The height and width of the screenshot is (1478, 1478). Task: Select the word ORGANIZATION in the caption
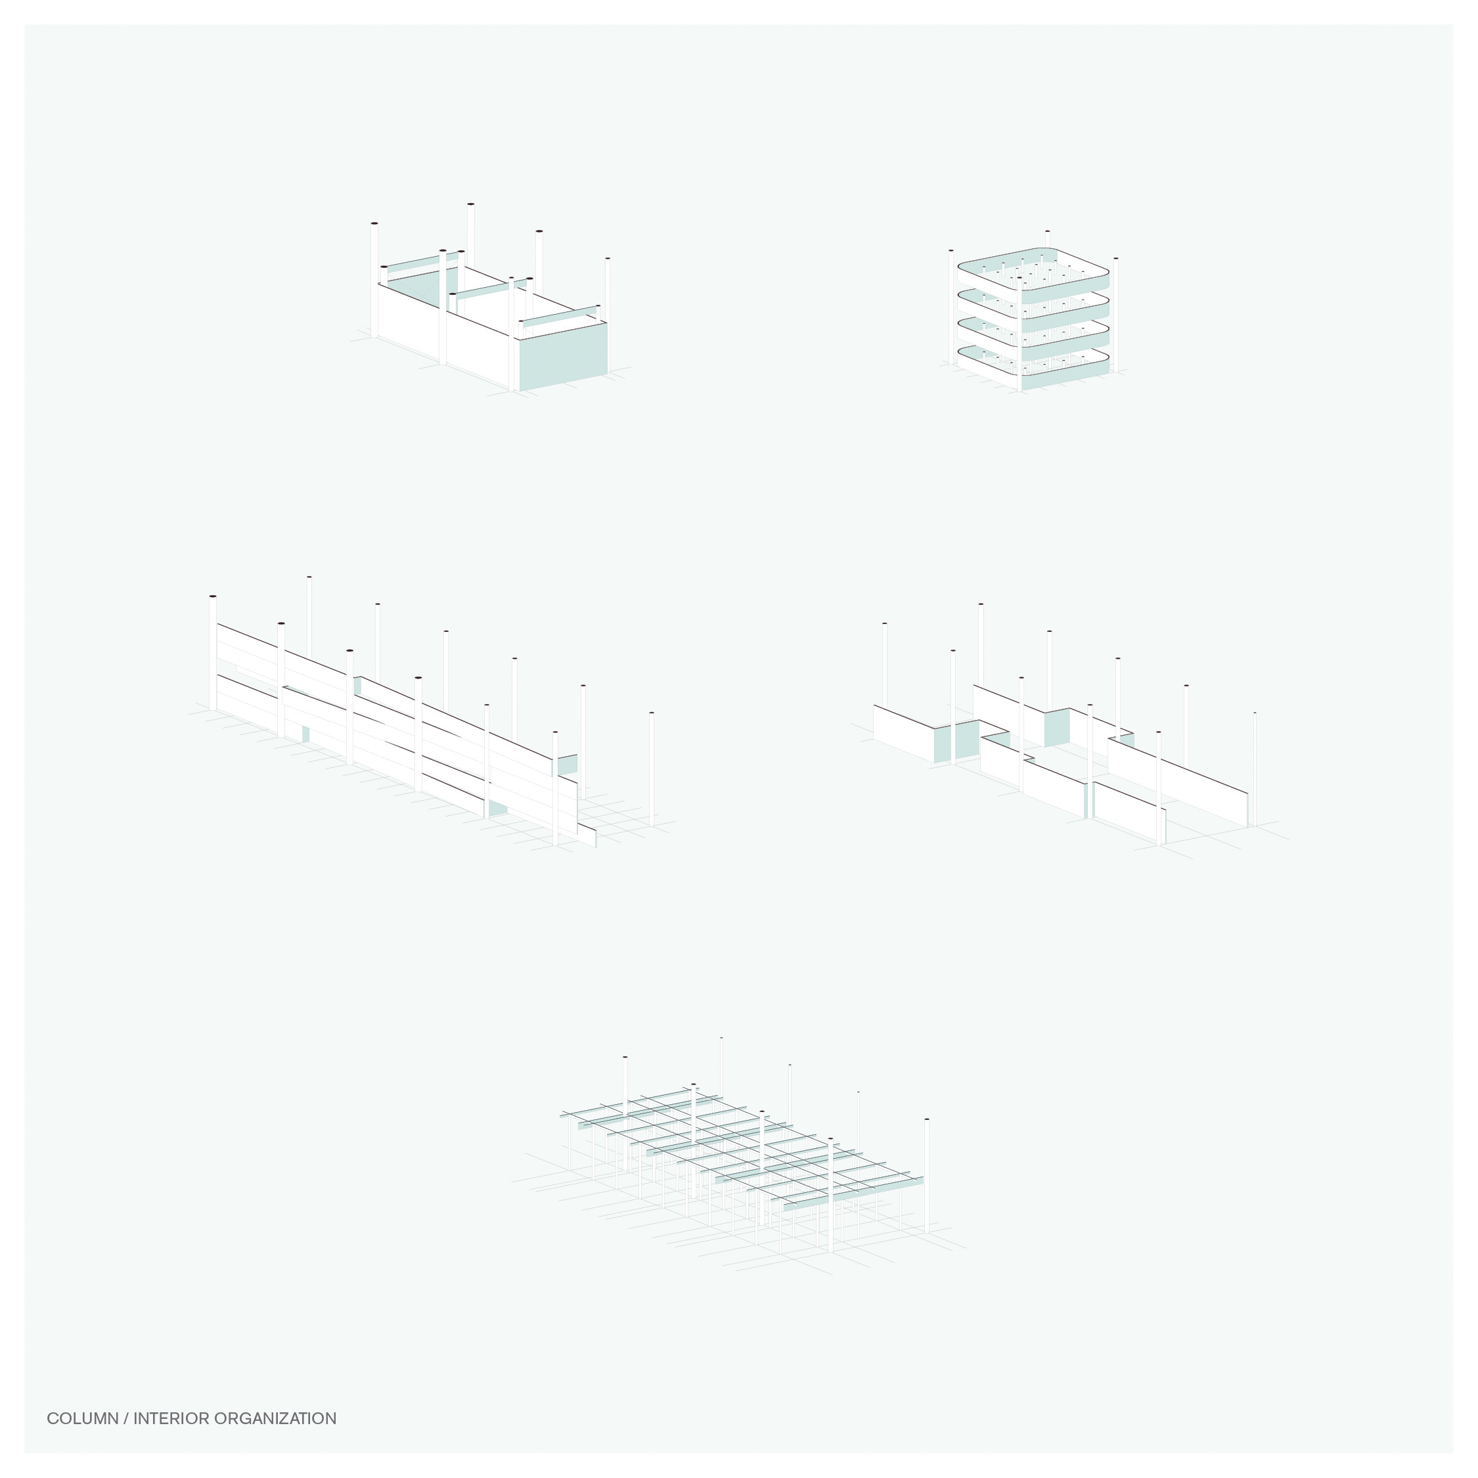(x=275, y=1419)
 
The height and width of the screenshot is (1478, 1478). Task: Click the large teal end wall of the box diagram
(x=564, y=356)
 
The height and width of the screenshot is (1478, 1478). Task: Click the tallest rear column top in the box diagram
(x=470, y=205)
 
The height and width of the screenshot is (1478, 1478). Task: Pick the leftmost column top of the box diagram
(x=374, y=224)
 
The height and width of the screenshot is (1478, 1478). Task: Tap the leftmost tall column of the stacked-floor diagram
(x=951, y=306)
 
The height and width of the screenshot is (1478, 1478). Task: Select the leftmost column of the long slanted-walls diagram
(x=213, y=650)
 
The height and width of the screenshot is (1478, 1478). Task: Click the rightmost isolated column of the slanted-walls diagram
(x=651, y=765)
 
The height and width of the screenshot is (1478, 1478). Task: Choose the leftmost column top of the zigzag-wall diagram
(x=884, y=624)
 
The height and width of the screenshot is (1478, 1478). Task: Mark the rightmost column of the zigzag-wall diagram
(x=1255, y=765)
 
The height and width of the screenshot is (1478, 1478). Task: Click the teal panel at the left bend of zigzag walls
(x=956, y=740)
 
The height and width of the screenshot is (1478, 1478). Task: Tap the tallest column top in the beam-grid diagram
(x=721, y=1039)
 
